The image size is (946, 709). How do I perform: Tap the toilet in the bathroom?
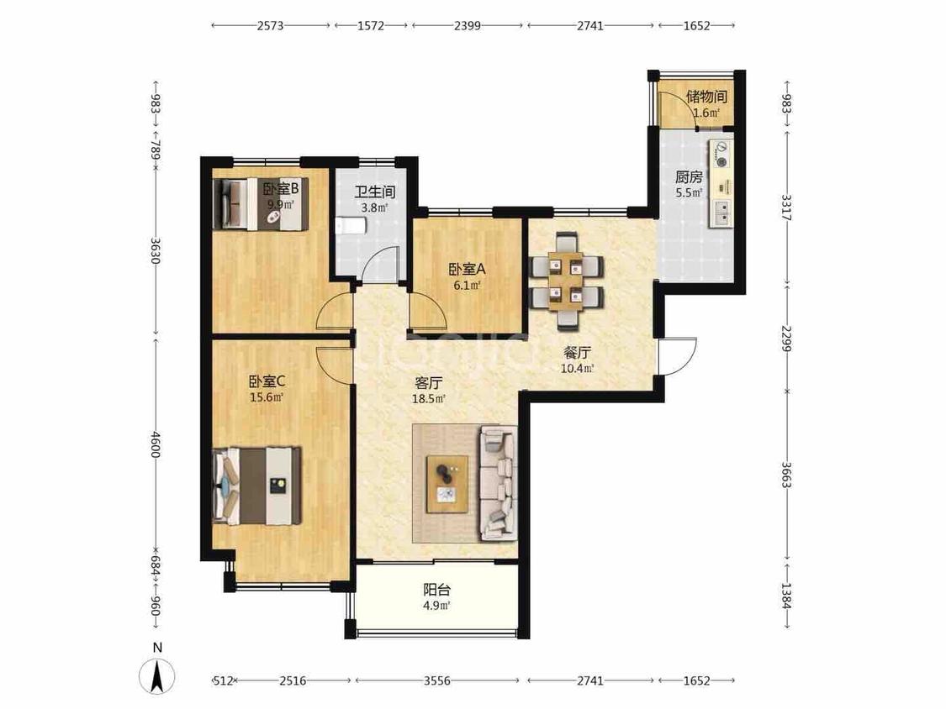[351, 226]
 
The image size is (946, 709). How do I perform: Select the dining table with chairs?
[567, 281]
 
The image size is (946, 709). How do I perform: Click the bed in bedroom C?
[257, 486]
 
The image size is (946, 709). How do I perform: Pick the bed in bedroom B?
[261, 204]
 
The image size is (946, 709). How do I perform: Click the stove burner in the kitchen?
[721, 153]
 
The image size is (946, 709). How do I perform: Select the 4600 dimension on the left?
[156, 444]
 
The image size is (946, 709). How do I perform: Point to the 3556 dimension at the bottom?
[436, 680]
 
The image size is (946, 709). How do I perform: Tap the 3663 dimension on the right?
[786, 475]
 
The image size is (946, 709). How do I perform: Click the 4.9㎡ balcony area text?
[436, 606]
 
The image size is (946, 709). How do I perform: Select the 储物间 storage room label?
[706, 97]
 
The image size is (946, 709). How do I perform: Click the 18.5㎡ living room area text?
[428, 398]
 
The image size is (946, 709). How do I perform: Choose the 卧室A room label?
[467, 270]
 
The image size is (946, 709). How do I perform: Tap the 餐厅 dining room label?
[578, 353]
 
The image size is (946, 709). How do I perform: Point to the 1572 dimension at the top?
[371, 25]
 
